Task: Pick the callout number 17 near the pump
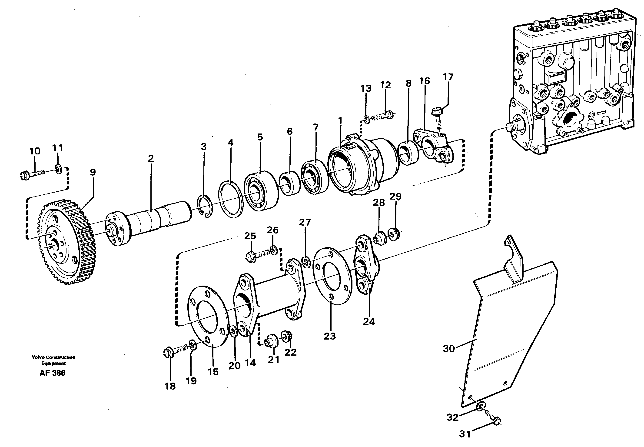pyautogui.click(x=448, y=77)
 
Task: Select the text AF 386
pyautogui.click(x=52, y=373)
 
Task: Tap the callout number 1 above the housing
pyautogui.click(x=340, y=121)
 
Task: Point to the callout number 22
pyautogui.click(x=290, y=352)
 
